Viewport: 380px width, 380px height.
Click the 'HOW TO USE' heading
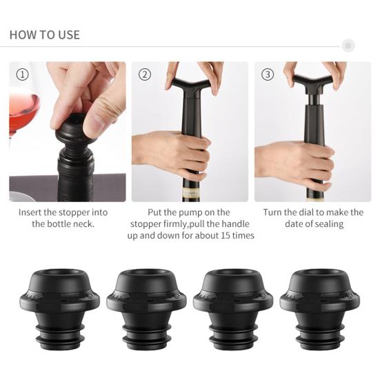pyautogui.click(x=45, y=34)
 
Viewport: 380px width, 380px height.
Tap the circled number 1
pyautogui.click(x=22, y=74)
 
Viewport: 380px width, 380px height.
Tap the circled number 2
pyautogui.click(x=145, y=74)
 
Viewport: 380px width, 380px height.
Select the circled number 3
pyautogui.click(x=268, y=74)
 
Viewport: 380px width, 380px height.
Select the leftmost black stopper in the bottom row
pyautogui.click(x=59, y=309)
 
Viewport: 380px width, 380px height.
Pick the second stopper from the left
pyautogui.click(x=146, y=309)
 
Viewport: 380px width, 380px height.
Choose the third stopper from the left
pyautogui.click(x=233, y=309)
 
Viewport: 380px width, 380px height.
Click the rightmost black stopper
pyautogui.click(x=320, y=309)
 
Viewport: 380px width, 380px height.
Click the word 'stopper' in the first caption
pyautogui.click(x=74, y=213)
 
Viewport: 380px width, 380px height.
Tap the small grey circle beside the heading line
pyautogui.click(x=348, y=46)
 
